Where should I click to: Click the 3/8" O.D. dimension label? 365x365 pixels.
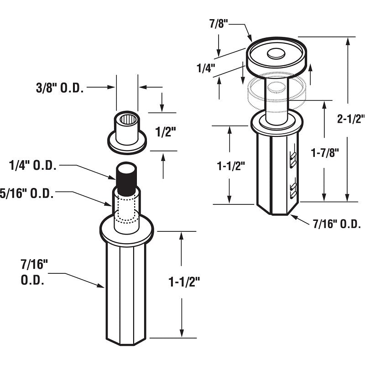(60, 88)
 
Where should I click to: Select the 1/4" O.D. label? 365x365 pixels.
(32, 166)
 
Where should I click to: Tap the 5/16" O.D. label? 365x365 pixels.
(27, 193)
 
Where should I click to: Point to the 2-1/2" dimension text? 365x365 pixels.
(351, 119)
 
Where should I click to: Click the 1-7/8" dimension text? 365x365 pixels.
(325, 153)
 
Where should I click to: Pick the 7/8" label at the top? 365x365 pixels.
(219, 24)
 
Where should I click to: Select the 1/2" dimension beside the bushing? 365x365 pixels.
(165, 132)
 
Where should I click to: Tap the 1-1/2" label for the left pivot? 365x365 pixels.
(184, 282)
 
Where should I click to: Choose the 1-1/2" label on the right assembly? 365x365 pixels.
(231, 166)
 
